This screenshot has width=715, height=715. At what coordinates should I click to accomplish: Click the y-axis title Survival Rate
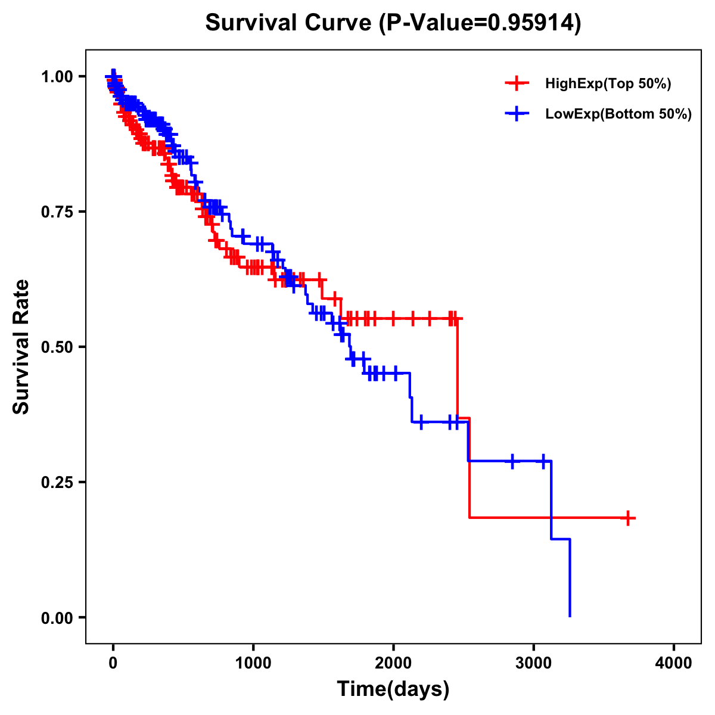(x=21, y=347)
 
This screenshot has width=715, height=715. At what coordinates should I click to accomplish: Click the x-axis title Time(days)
(x=393, y=689)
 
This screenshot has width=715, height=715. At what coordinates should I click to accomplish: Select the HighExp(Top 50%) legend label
(x=608, y=84)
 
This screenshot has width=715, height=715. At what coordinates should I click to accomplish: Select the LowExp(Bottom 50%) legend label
(x=618, y=114)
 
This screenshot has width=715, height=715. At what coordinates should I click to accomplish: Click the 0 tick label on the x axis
(x=113, y=663)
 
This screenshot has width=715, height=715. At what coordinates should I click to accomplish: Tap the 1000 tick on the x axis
(x=253, y=663)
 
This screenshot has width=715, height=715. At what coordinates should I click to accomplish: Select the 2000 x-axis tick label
(x=393, y=663)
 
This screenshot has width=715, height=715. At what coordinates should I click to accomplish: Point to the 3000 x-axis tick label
(x=534, y=663)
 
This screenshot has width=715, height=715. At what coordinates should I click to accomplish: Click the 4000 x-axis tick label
(x=674, y=663)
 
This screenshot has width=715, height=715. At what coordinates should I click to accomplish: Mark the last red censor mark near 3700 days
(x=628, y=518)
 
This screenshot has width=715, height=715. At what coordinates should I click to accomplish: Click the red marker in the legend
(x=517, y=83)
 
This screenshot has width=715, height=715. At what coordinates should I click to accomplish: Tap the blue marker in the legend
(x=517, y=114)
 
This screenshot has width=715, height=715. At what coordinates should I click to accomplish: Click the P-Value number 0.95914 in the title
(x=531, y=23)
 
